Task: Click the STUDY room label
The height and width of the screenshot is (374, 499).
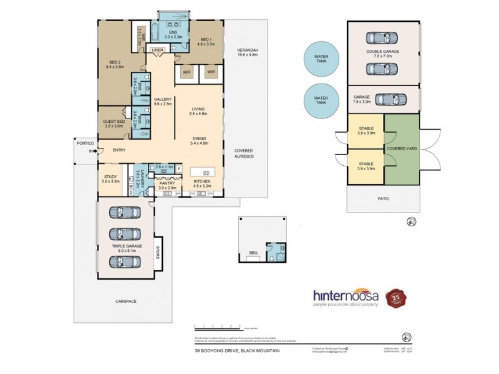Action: [110, 176]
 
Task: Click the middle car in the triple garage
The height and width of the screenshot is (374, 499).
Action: [125, 234]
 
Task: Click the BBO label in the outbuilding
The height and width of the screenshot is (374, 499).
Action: [253, 253]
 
